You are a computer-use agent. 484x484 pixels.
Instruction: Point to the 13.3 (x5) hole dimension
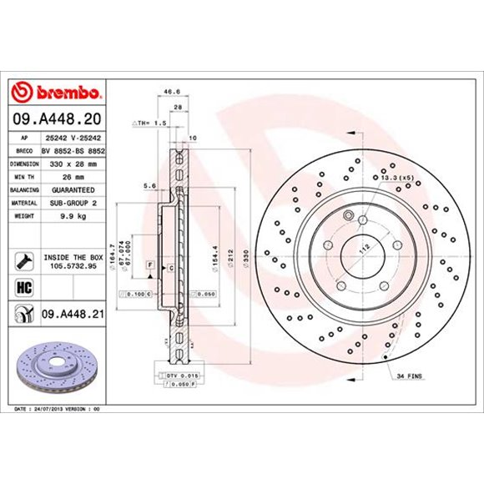pos(396,178)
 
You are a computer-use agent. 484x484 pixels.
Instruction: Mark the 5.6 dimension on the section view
pos(149,185)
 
